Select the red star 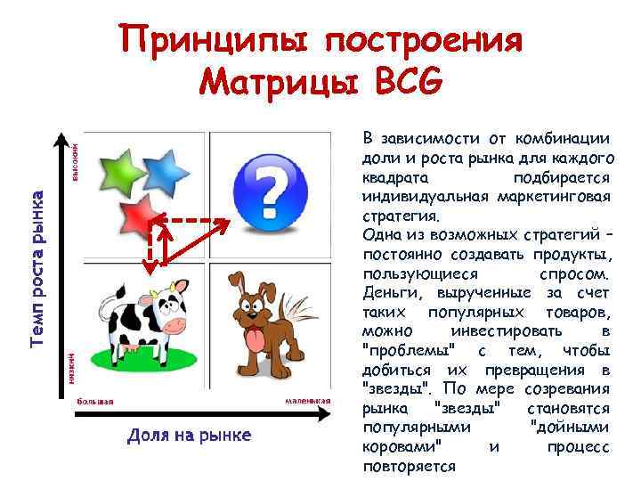pos(134,214)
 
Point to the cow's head pos(168,308)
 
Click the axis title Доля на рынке pos(189,436)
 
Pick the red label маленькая pos(308,401)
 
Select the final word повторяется pos(410,466)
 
